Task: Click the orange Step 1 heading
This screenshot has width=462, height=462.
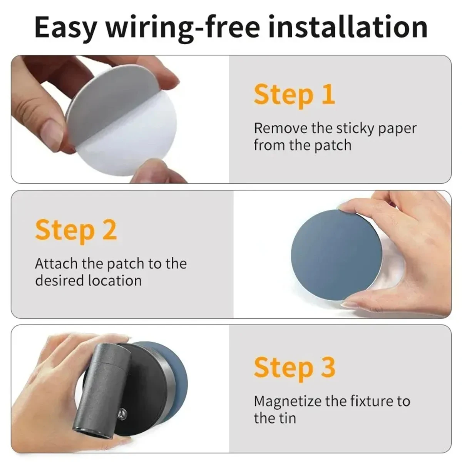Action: [294, 95]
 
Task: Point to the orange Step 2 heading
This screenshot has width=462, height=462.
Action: [76, 231]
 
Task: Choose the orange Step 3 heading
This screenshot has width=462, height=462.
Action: [295, 367]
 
